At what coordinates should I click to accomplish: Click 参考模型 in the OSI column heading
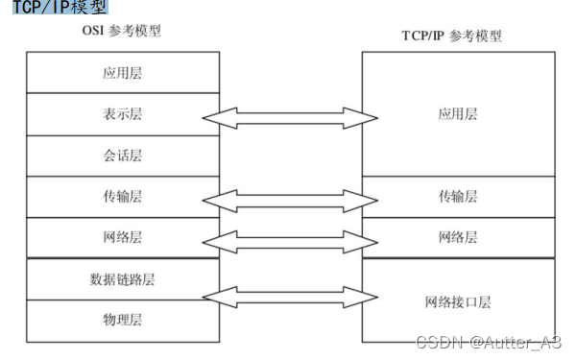pos(136,31)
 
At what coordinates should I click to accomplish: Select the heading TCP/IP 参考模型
pos(451,36)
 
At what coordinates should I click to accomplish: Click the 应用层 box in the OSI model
pos(122,72)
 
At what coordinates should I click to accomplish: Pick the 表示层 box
pos(122,113)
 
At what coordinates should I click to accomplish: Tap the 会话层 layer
pos(122,155)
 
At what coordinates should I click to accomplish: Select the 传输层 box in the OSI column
pos(122,196)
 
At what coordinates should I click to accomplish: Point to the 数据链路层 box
pos(122,279)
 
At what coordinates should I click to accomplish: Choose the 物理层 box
pos(122,318)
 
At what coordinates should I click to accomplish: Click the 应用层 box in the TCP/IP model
pos(458,113)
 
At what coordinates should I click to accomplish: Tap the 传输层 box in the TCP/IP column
pos(458,196)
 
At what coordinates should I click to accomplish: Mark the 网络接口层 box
pos(458,301)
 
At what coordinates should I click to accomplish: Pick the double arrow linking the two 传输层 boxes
pos(290,200)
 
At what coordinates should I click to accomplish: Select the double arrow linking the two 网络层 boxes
pos(290,240)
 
